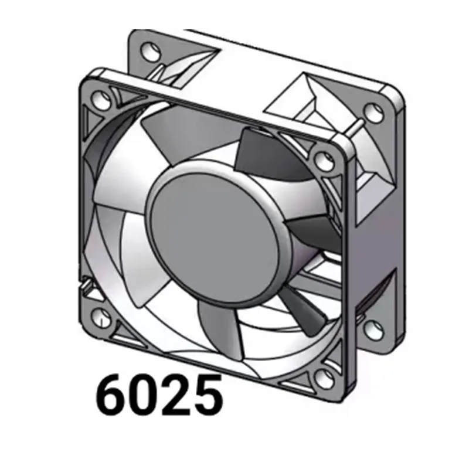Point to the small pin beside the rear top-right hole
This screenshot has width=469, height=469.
click(x=356, y=124)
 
